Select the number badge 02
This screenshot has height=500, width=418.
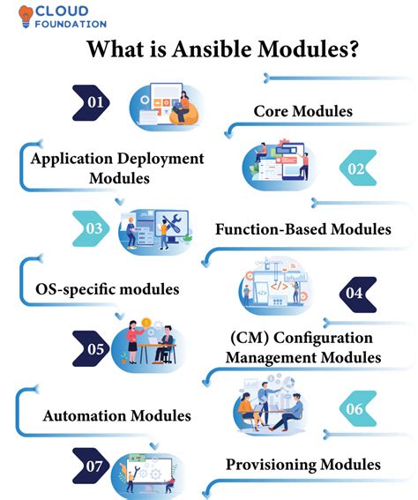pyautogui.click(x=356, y=168)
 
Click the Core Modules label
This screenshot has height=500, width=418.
pyautogui.click(x=302, y=111)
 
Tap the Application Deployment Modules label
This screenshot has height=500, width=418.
pyautogui.click(x=117, y=168)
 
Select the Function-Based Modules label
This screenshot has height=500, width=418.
pyautogui.click(x=302, y=229)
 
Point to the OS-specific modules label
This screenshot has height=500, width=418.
pyautogui.click(x=108, y=288)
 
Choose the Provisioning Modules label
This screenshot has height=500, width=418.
pyautogui.click(x=302, y=464)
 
